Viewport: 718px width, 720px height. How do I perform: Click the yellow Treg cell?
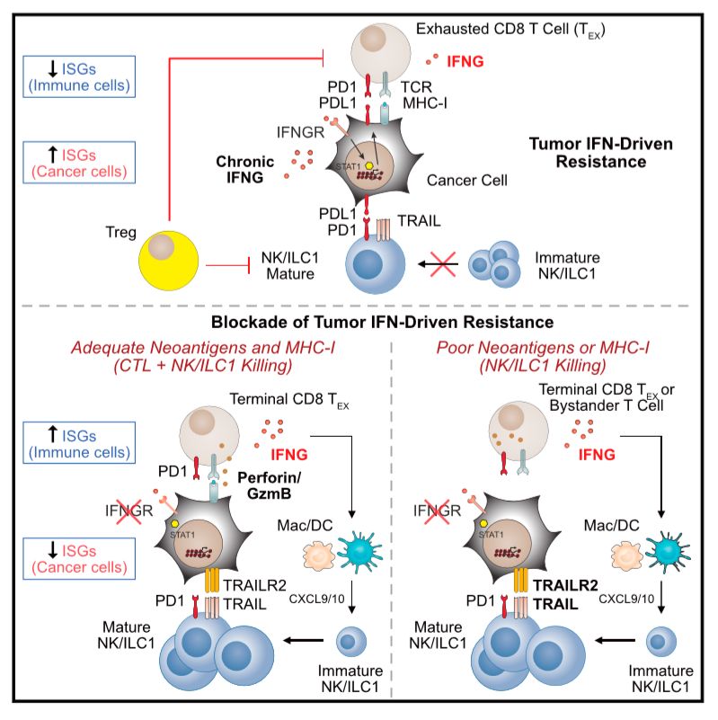(168, 261)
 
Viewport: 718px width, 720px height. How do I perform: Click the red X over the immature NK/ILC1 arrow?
(442, 264)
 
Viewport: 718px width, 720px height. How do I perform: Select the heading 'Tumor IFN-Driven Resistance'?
(601, 153)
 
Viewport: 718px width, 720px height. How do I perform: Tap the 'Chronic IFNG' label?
(244, 170)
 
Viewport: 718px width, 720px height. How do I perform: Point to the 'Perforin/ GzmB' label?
(269, 485)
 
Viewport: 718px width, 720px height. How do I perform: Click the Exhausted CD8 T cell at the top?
(381, 53)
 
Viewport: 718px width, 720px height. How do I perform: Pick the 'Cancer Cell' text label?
(467, 181)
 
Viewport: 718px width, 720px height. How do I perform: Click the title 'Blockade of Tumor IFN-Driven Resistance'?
(382, 322)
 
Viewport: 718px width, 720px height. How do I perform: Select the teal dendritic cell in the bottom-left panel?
(359, 552)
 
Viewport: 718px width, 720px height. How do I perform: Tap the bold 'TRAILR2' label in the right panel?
(565, 585)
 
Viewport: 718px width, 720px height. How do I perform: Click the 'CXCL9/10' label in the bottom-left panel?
(316, 600)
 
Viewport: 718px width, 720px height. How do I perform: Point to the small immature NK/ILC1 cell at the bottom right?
(661, 642)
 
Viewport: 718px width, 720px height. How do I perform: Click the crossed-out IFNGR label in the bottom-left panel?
(129, 511)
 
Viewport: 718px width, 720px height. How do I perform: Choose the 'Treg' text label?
(120, 232)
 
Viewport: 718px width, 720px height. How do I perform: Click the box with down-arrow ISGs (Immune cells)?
(79, 76)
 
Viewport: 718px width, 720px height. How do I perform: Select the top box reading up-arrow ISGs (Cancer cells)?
(79, 163)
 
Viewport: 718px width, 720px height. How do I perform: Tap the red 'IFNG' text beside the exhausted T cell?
(465, 61)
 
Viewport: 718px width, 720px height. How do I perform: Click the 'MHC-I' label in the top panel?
(425, 103)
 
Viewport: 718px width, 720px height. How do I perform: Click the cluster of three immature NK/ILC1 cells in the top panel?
(494, 264)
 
